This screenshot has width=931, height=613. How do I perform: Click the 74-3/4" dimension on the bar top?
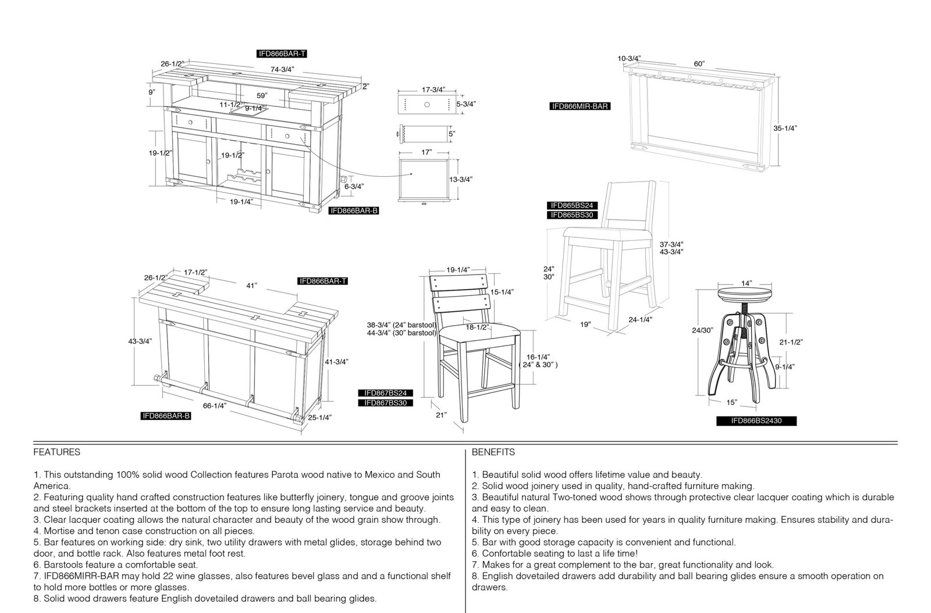282,69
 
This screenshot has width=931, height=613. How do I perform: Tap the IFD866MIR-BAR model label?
580,106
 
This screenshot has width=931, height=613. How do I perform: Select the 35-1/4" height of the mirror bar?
785,129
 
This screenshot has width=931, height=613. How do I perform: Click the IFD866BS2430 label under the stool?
756,420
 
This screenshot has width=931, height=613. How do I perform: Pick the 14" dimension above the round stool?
747,283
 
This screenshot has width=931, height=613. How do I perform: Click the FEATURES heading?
57,452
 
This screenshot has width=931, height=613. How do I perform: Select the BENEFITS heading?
493,452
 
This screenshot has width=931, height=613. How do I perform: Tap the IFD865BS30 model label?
573,215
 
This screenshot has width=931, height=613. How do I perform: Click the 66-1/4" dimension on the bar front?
215,406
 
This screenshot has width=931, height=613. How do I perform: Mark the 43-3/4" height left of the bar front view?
140,341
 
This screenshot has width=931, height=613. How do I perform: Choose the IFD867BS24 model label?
386,393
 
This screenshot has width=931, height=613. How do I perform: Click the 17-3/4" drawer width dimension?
433,90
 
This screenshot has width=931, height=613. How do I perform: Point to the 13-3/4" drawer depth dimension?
460,179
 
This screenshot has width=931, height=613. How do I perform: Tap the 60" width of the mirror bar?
699,63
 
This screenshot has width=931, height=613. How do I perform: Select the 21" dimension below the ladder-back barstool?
441,415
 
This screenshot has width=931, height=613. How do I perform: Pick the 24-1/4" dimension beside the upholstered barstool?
640,319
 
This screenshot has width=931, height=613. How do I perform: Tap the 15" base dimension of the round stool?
732,402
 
